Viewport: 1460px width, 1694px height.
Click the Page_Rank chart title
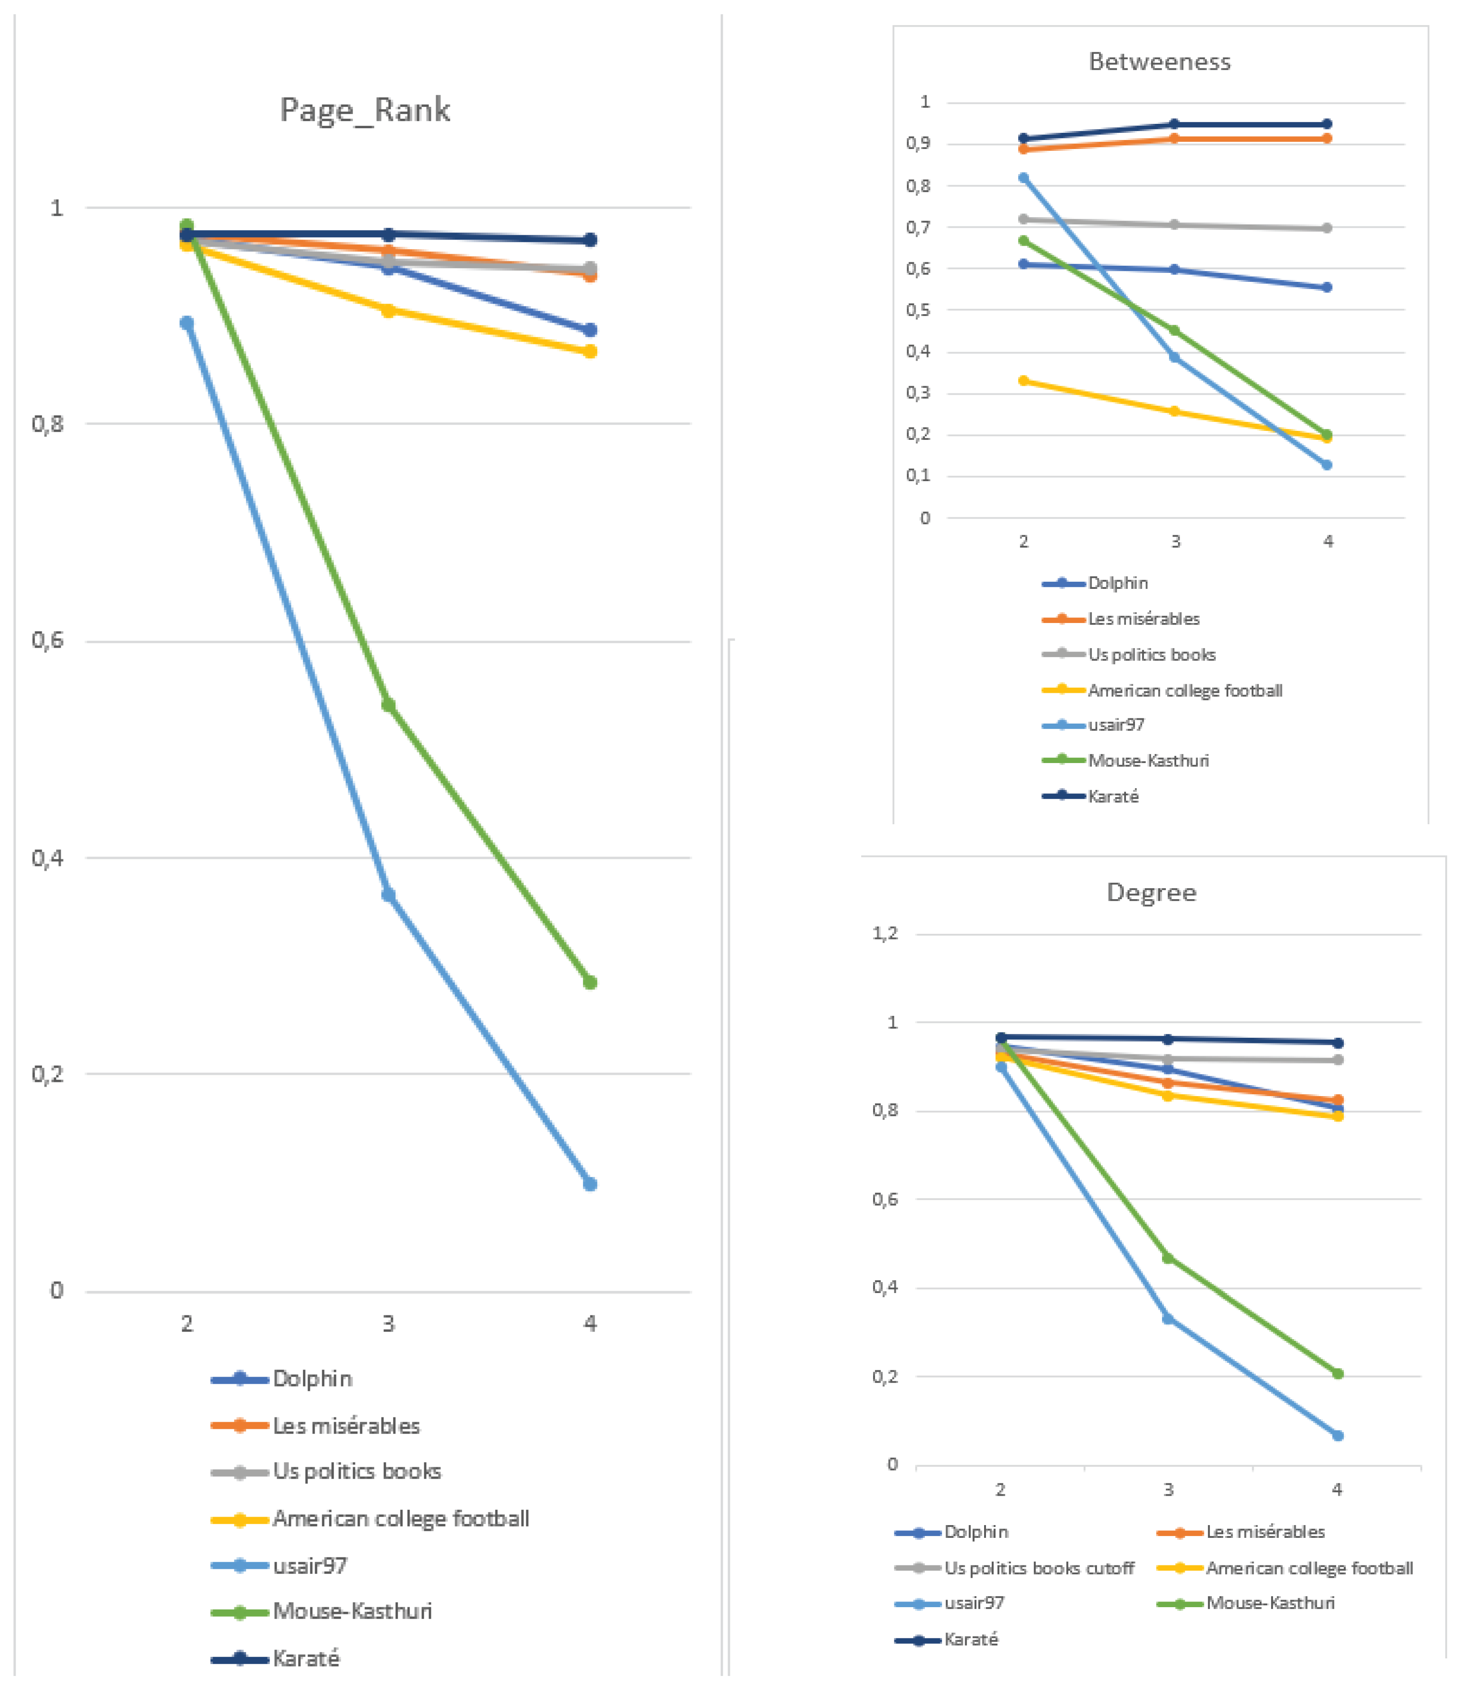(364, 110)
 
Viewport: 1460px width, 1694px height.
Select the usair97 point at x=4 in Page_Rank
(589, 1184)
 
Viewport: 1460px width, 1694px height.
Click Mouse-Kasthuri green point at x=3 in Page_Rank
(388, 705)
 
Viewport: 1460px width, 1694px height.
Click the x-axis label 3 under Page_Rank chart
(388, 1323)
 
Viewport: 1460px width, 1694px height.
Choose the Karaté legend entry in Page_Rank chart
(305, 1658)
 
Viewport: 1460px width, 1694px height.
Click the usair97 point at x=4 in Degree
(1338, 1436)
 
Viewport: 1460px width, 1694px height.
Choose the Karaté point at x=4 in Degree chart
(1338, 1042)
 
